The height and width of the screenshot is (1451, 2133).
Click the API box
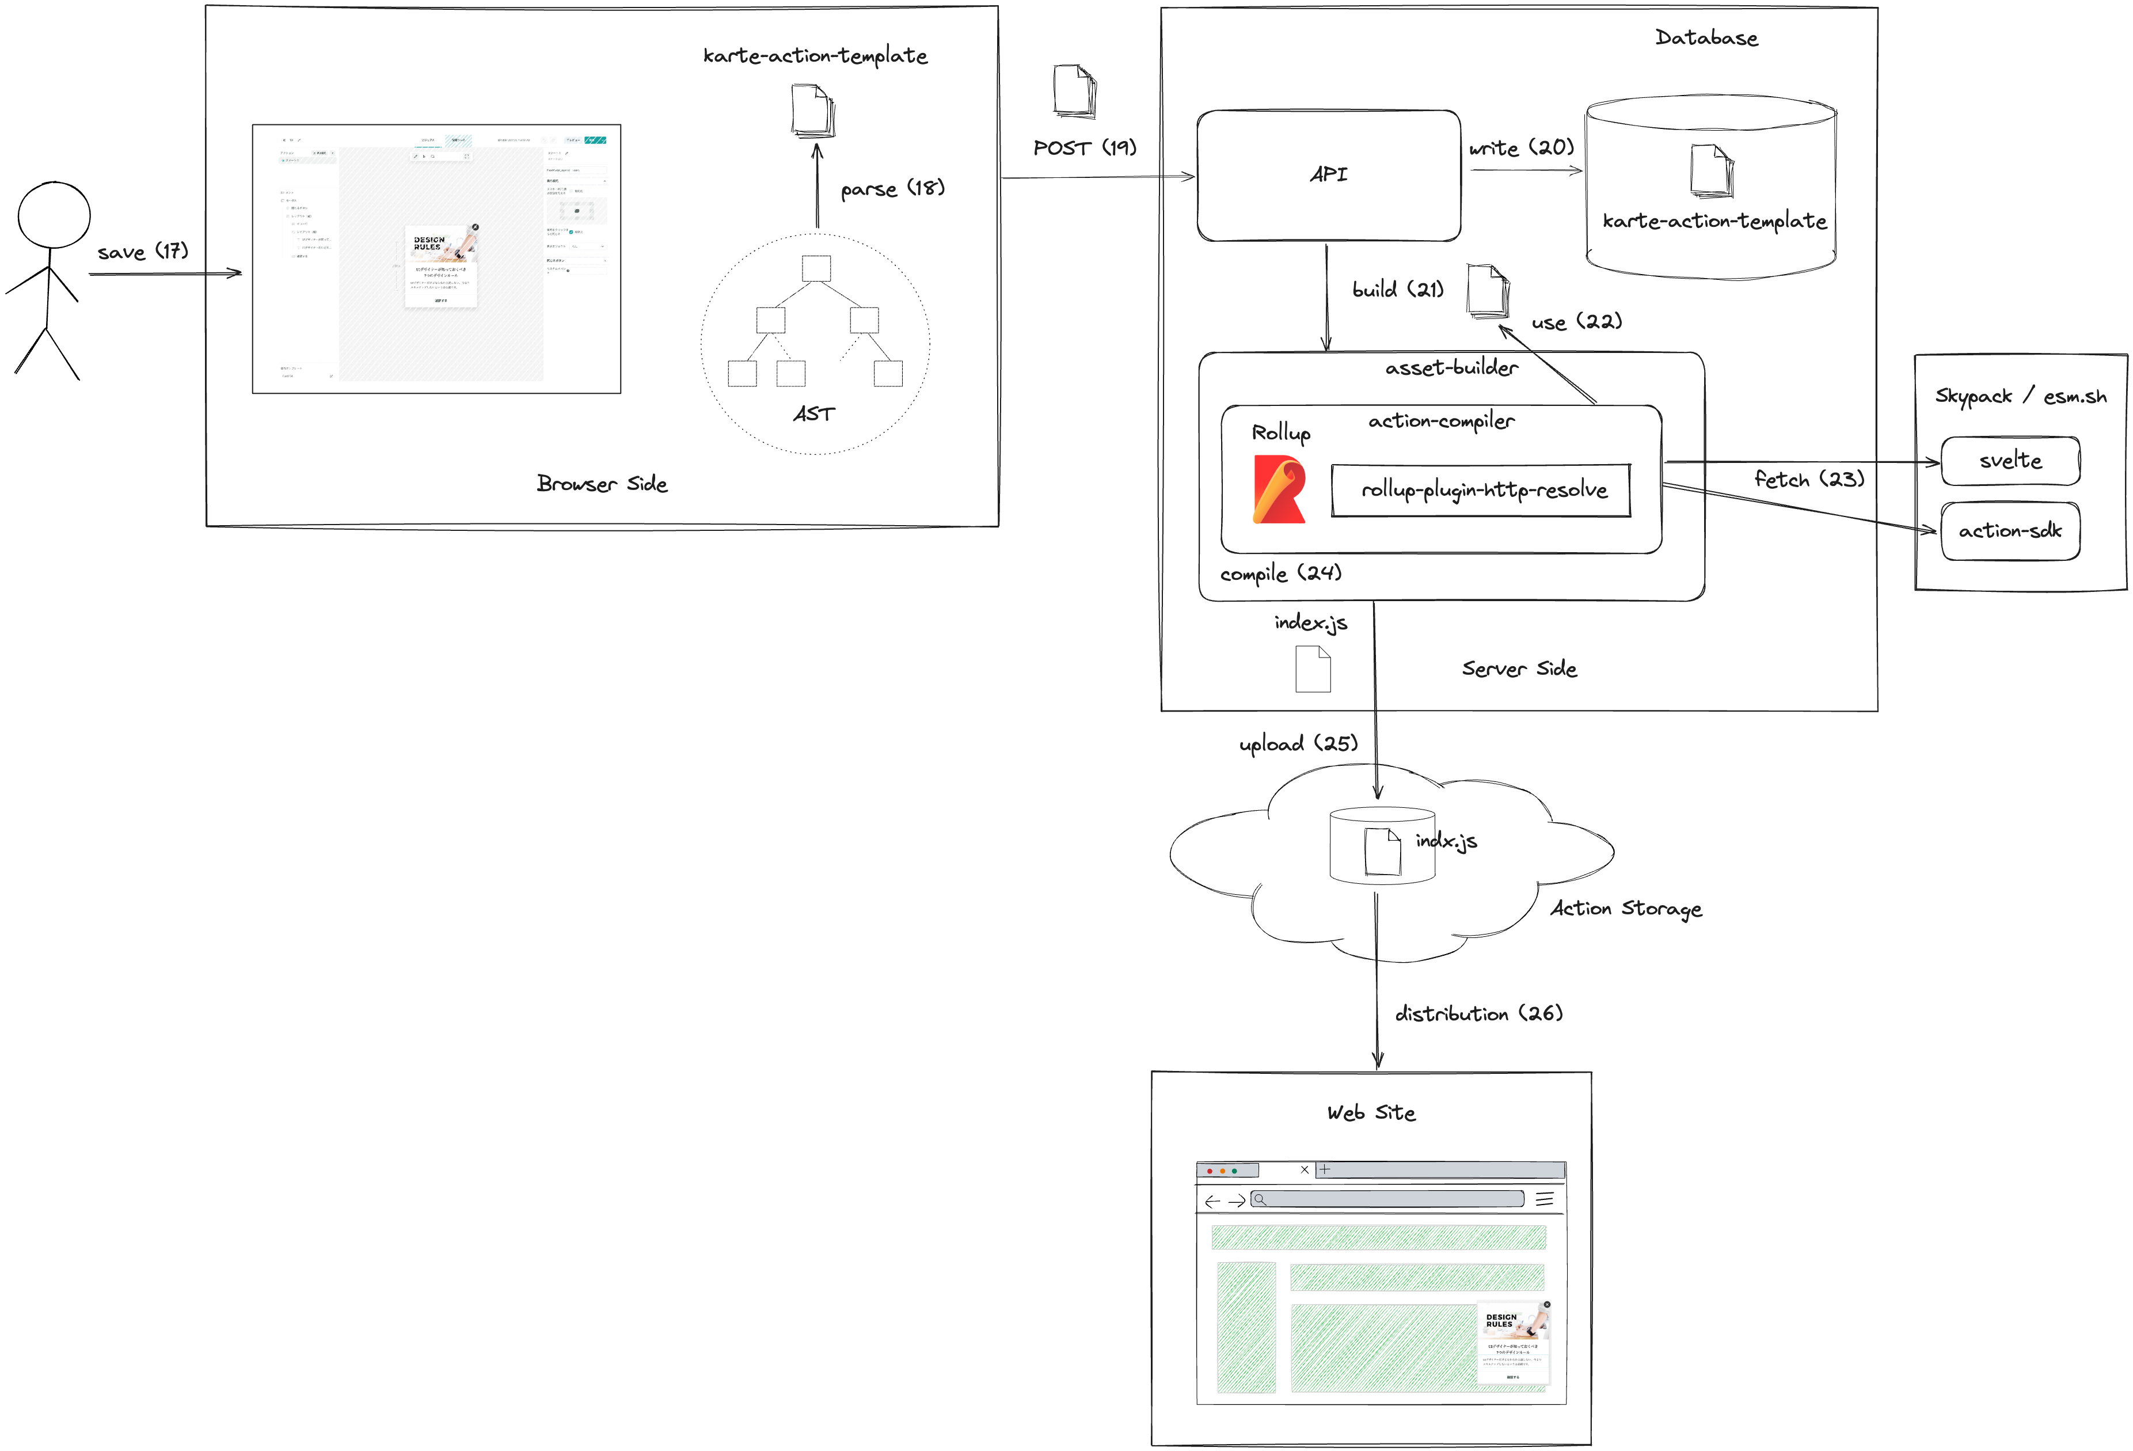click(x=1328, y=175)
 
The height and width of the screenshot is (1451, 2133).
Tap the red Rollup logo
click(x=1279, y=489)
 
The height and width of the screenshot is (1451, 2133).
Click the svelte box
click(x=2010, y=461)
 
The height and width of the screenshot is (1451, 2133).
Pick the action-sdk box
click(x=2010, y=530)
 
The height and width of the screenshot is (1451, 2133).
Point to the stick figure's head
click(x=54, y=215)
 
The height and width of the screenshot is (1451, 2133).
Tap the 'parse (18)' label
click(x=892, y=189)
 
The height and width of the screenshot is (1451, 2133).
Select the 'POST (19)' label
click(x=1084, y=148)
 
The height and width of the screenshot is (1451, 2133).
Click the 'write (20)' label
click(x=1521, y=148)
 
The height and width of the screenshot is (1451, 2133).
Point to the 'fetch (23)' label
click(x=1808, y=479)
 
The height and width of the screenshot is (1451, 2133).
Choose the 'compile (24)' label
click(x=1280, y=573)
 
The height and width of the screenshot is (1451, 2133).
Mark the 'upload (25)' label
click(x=1298, y=743)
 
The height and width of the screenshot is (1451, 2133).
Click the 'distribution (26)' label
click(x=1478, y=1014)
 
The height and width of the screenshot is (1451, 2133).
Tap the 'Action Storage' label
click(x=1625, y=909)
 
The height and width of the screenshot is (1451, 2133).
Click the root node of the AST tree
click(x=816, y=268)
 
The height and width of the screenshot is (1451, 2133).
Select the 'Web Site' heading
click(x=1371, y=1113)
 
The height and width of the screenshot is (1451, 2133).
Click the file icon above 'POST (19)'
click(x=1075, y=91)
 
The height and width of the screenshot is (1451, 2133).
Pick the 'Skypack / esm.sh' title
click(x=2020, y=397)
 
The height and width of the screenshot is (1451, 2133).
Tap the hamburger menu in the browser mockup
click(x=1545, y=1199)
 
